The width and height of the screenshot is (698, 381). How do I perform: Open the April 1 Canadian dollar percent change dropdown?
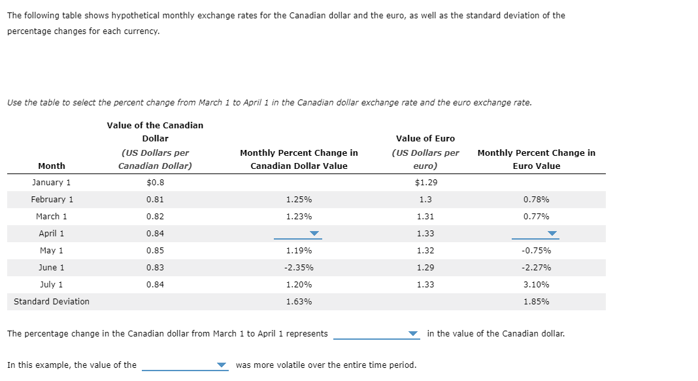click(298, 234)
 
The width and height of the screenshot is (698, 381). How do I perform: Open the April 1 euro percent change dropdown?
click(536, 234)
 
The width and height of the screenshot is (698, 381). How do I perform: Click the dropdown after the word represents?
click(376, 334)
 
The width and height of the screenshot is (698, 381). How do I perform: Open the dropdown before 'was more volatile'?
click(185, 365)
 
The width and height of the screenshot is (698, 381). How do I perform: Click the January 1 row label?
click(52, 183)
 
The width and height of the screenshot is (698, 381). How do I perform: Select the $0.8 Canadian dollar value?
click(155, 183)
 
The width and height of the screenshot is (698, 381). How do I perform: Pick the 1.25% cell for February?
click(299, 200)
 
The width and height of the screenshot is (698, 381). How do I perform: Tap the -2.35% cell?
click(299, 268)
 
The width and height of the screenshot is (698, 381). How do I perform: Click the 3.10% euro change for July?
click(536, 285)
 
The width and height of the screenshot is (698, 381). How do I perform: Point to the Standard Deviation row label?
click(52, 302)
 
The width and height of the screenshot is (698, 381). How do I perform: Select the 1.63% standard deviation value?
click(299, 302)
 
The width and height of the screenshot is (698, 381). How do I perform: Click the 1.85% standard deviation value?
click(536, 302)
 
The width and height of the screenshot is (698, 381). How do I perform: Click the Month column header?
click(52, 166)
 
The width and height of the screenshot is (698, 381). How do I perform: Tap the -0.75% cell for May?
click(536, 251)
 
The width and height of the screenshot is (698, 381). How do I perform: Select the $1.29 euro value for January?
click(425, 183)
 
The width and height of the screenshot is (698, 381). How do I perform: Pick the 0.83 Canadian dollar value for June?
click(155, 268)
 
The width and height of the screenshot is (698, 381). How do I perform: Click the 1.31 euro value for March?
click(425, 217)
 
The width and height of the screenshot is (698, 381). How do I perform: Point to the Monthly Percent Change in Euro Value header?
click(536, 159)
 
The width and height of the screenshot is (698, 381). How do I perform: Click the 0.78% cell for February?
click(536, 200)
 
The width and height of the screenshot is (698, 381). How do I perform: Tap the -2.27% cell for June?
click(536, 268)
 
